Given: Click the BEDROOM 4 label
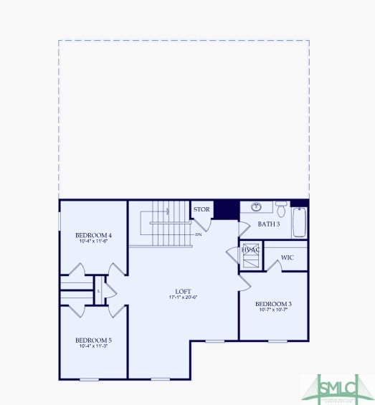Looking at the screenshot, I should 94,235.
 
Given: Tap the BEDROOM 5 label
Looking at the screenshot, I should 94,340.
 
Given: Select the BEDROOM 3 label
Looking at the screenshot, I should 273,304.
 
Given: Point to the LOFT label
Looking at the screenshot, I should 183,291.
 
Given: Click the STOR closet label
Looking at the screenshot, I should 201,209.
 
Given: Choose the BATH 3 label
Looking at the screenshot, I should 269,224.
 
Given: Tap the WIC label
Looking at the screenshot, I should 287,257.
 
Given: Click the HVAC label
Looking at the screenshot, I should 251,249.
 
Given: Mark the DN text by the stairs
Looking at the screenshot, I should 198,234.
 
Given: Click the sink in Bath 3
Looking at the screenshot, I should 256,208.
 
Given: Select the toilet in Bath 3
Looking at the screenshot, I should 282,210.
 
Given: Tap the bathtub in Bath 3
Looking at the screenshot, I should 300,221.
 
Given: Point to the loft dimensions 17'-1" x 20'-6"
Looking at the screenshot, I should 183,297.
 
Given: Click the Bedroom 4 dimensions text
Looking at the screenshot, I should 94,242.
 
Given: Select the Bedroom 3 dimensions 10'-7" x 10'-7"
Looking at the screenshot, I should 273,310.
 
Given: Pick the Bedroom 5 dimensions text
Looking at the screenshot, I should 94,346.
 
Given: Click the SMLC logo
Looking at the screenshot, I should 337,388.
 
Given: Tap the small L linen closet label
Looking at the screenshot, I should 98,290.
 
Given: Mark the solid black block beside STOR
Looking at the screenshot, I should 227,209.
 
